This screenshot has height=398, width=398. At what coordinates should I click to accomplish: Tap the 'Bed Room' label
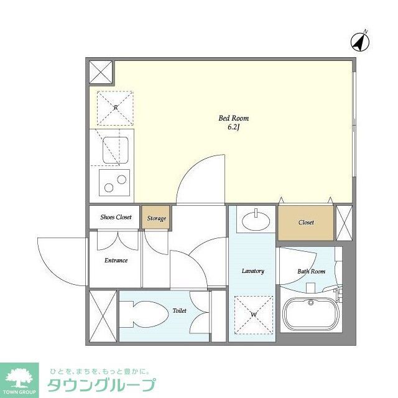(233, 118)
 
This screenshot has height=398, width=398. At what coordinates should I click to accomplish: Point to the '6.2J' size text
(233, 127)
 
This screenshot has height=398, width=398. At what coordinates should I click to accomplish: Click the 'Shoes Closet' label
(116, 218)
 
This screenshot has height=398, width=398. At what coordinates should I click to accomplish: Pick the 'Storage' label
(157, 218)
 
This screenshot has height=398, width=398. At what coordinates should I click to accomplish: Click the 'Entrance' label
(116, 260)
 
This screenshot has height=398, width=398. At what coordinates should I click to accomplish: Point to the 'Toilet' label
(179, 309)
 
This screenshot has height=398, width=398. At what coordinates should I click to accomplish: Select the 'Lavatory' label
(252, 271)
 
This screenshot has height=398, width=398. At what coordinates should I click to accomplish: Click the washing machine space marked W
(253, 315)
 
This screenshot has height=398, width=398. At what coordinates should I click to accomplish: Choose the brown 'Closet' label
(306, 222)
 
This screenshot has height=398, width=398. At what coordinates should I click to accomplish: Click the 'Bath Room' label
(311, 271)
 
